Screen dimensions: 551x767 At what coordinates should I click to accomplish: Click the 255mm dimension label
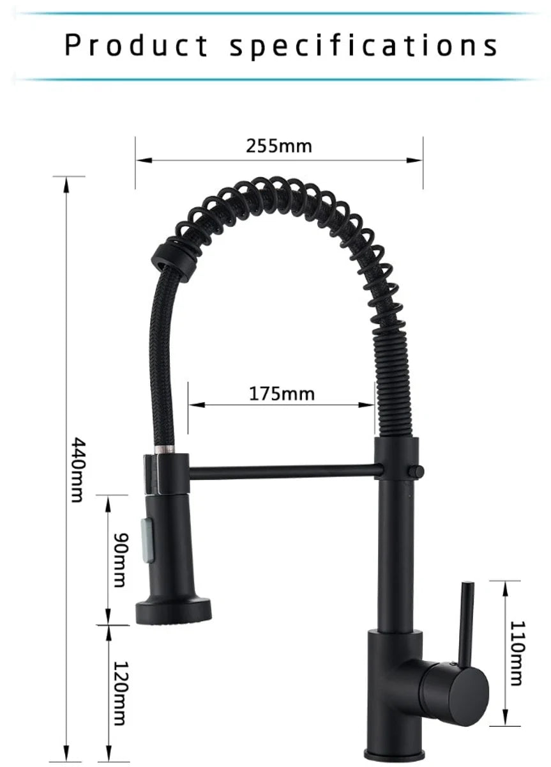coord(279,146)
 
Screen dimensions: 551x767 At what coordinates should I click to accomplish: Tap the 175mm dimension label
coord(282,394)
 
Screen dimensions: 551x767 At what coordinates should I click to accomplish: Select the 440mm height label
coord(77,470)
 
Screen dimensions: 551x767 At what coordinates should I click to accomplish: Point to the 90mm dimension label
coord(120,560)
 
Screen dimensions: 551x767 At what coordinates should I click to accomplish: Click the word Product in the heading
coord(136,45)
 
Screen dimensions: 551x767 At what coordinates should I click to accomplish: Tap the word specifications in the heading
coord(363,46)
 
